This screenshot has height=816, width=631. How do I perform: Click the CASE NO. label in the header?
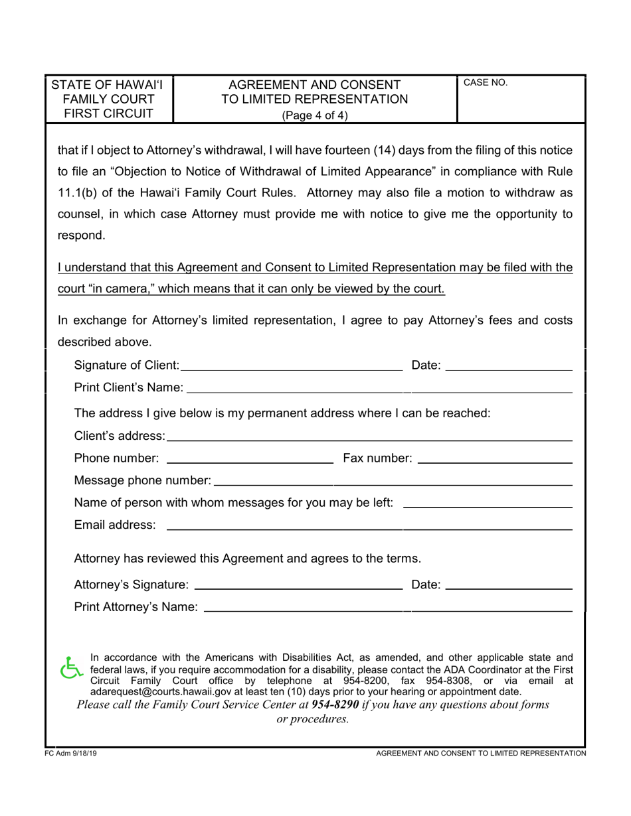pos(485,83)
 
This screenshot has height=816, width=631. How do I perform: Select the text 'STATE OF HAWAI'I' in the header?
pos(107,85)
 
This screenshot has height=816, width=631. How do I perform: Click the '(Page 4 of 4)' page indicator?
pos(315,115)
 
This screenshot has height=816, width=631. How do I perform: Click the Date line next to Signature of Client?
pos(508,366)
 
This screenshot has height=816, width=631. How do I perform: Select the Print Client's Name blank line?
pos(379,388)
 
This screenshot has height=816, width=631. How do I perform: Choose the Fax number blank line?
pos(495,459)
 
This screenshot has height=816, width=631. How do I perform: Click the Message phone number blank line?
pos(393,481)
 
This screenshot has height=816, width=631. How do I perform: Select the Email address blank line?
pos(369,526)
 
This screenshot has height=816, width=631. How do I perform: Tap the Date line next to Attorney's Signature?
pos(508,586)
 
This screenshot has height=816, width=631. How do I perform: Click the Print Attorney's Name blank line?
pos(388,608)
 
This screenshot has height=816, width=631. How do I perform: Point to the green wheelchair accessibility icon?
pos(70,668)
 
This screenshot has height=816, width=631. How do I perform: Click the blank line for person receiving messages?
pos(488,504)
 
